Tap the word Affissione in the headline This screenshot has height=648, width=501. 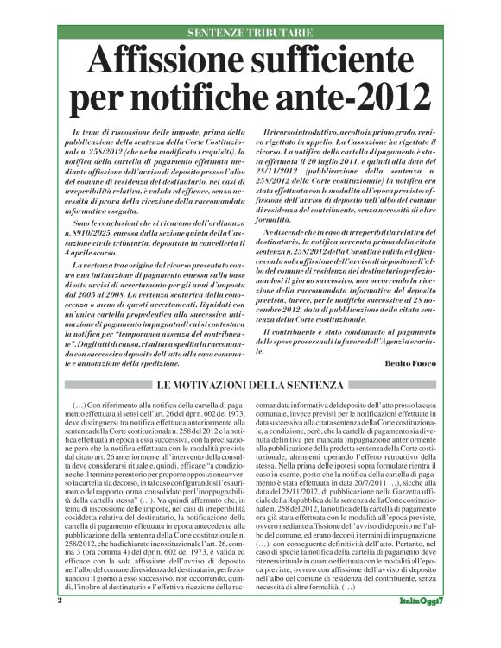(x=161, y=62)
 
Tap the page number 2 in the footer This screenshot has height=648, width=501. (x=60, y=622)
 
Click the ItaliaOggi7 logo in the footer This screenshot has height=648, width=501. (x=423, y=623)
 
